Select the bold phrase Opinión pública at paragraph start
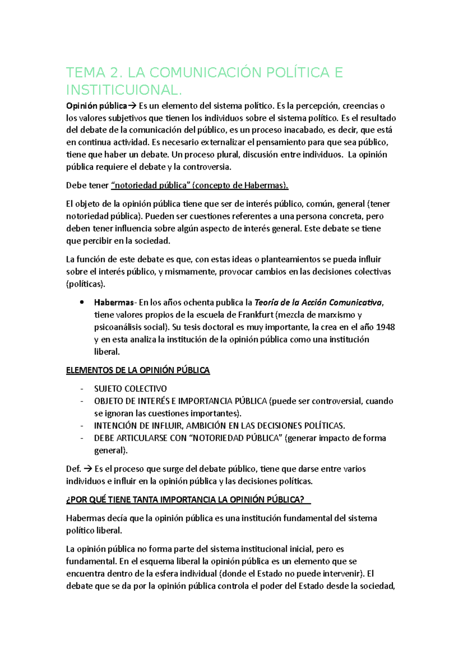pos(96,106)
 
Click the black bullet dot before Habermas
pos(81,302)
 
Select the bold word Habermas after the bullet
pos(114,302)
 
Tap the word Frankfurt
pos(255,315)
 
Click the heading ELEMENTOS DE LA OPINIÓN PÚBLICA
pos(138,370)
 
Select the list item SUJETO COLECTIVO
pos(130,389)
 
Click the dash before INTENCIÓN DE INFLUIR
pos(82,426)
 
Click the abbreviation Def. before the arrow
pos(73,469)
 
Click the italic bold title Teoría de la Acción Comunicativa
pos(318,302)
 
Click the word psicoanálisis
pos(120,327)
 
